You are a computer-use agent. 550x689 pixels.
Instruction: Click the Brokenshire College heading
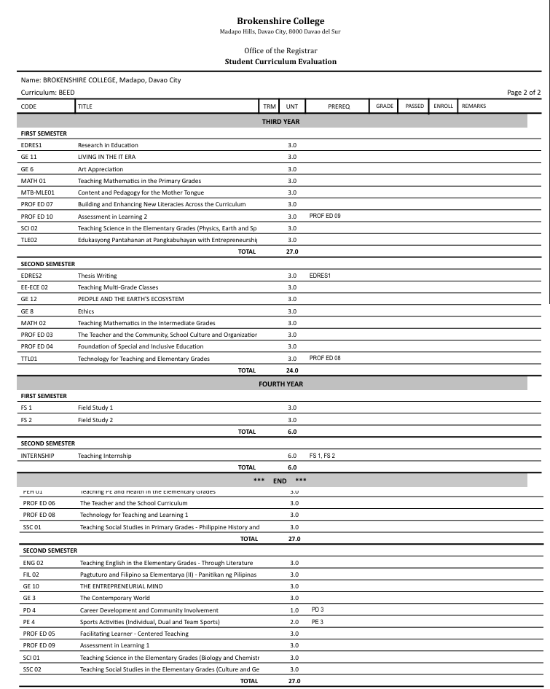coord(280,21)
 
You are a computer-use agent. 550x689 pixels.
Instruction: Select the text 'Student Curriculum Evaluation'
coord(280,61)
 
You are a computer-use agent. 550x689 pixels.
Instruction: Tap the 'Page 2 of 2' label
coord(524,93)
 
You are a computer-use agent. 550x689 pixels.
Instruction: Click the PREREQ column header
coord(339,106)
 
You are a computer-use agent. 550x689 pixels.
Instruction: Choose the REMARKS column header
coord(474,106)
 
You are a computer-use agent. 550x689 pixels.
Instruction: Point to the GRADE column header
coord(385,106)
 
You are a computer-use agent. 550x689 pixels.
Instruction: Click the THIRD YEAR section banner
coord(280,122)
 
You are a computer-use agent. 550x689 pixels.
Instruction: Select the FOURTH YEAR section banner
coord(280,384)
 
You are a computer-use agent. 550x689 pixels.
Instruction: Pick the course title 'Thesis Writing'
coord(97,276)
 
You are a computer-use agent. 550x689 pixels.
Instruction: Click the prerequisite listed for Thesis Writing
coord(320,276)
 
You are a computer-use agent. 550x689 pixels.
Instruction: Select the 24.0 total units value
coord(292,370)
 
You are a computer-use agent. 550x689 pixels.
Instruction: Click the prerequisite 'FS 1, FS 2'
coord(322,455)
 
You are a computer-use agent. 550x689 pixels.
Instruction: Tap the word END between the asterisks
coord(280,480)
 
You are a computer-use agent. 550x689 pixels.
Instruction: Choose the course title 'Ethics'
coord(86,311)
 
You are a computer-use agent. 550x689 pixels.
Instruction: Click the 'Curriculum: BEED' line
coord(48,93)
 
